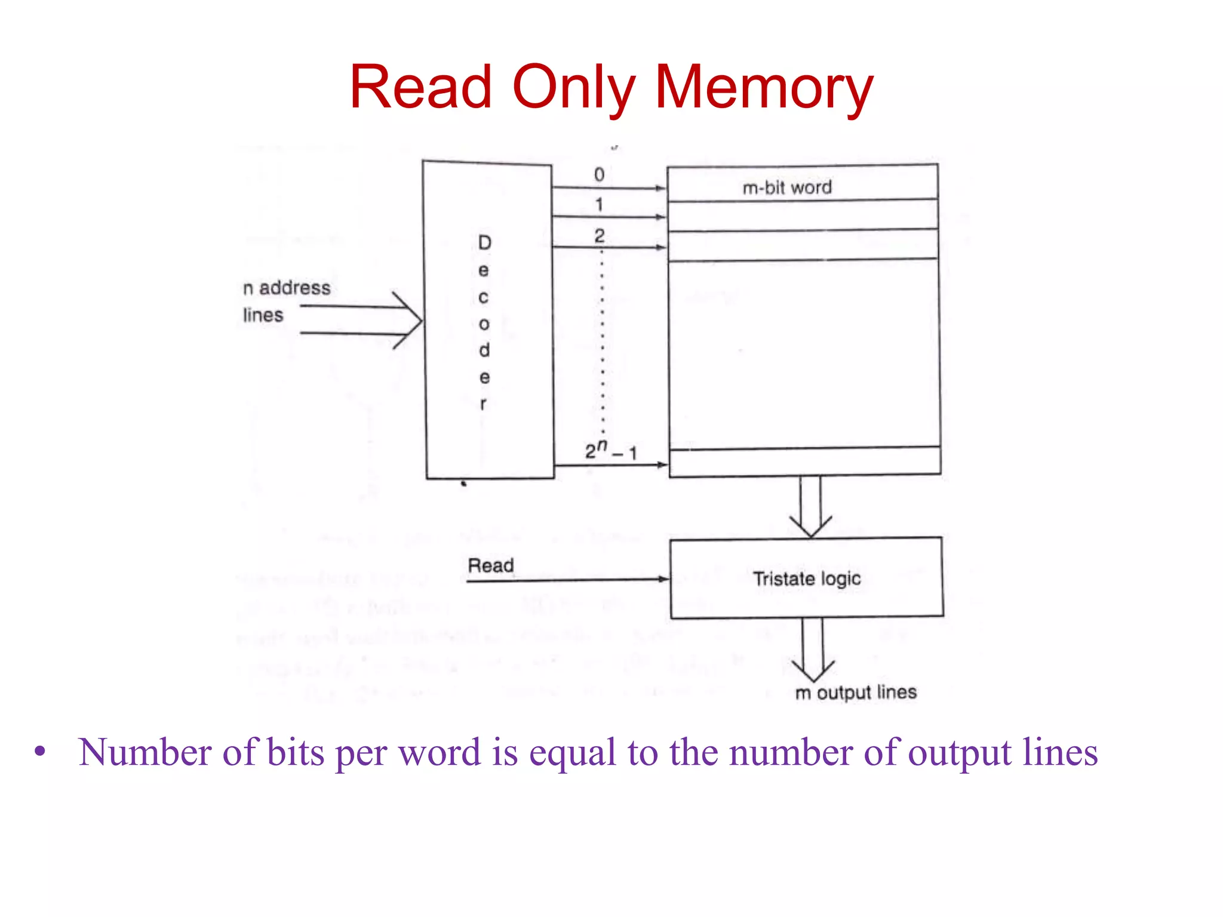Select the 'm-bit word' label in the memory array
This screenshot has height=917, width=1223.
pos(787,187)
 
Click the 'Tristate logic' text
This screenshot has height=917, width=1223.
pos(807,578)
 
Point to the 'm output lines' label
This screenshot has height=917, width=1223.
pos(856,693)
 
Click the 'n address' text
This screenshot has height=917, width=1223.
pos(287,288)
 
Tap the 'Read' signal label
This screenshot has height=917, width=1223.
pos(490,565)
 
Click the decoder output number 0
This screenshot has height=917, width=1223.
pos(599,174)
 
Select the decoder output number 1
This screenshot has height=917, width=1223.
pos(599,205)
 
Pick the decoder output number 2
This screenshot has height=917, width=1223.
pos(599,235)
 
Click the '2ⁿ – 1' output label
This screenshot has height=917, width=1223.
pos(610,451)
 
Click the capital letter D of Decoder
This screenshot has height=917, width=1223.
pos(484,242)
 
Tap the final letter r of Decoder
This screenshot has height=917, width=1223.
pos(483,404)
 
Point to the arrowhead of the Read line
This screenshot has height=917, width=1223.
pos(662,578)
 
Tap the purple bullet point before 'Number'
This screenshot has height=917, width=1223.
pos(40,752)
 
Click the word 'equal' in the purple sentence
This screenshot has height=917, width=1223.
pos(572,752)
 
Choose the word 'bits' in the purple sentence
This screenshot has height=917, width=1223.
pos(296,752)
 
